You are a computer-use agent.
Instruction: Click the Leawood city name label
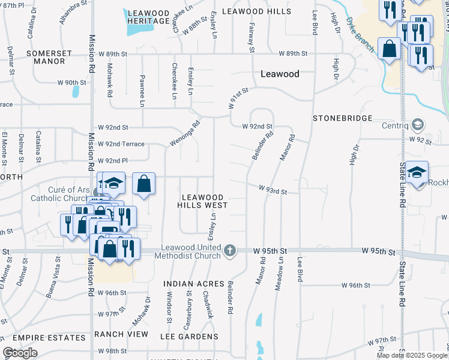click(280, 74)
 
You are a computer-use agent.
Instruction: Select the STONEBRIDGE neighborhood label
click(343, 118)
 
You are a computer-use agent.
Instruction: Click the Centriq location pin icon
click(419, 125)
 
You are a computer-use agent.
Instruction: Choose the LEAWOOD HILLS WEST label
click(202, 201)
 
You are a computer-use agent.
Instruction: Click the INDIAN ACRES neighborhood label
click(194, 283)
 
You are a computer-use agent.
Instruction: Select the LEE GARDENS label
click(188, 337)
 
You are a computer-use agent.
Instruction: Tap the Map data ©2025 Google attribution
click(412, 355)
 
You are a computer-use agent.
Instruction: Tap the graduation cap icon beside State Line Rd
click(417, 173)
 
